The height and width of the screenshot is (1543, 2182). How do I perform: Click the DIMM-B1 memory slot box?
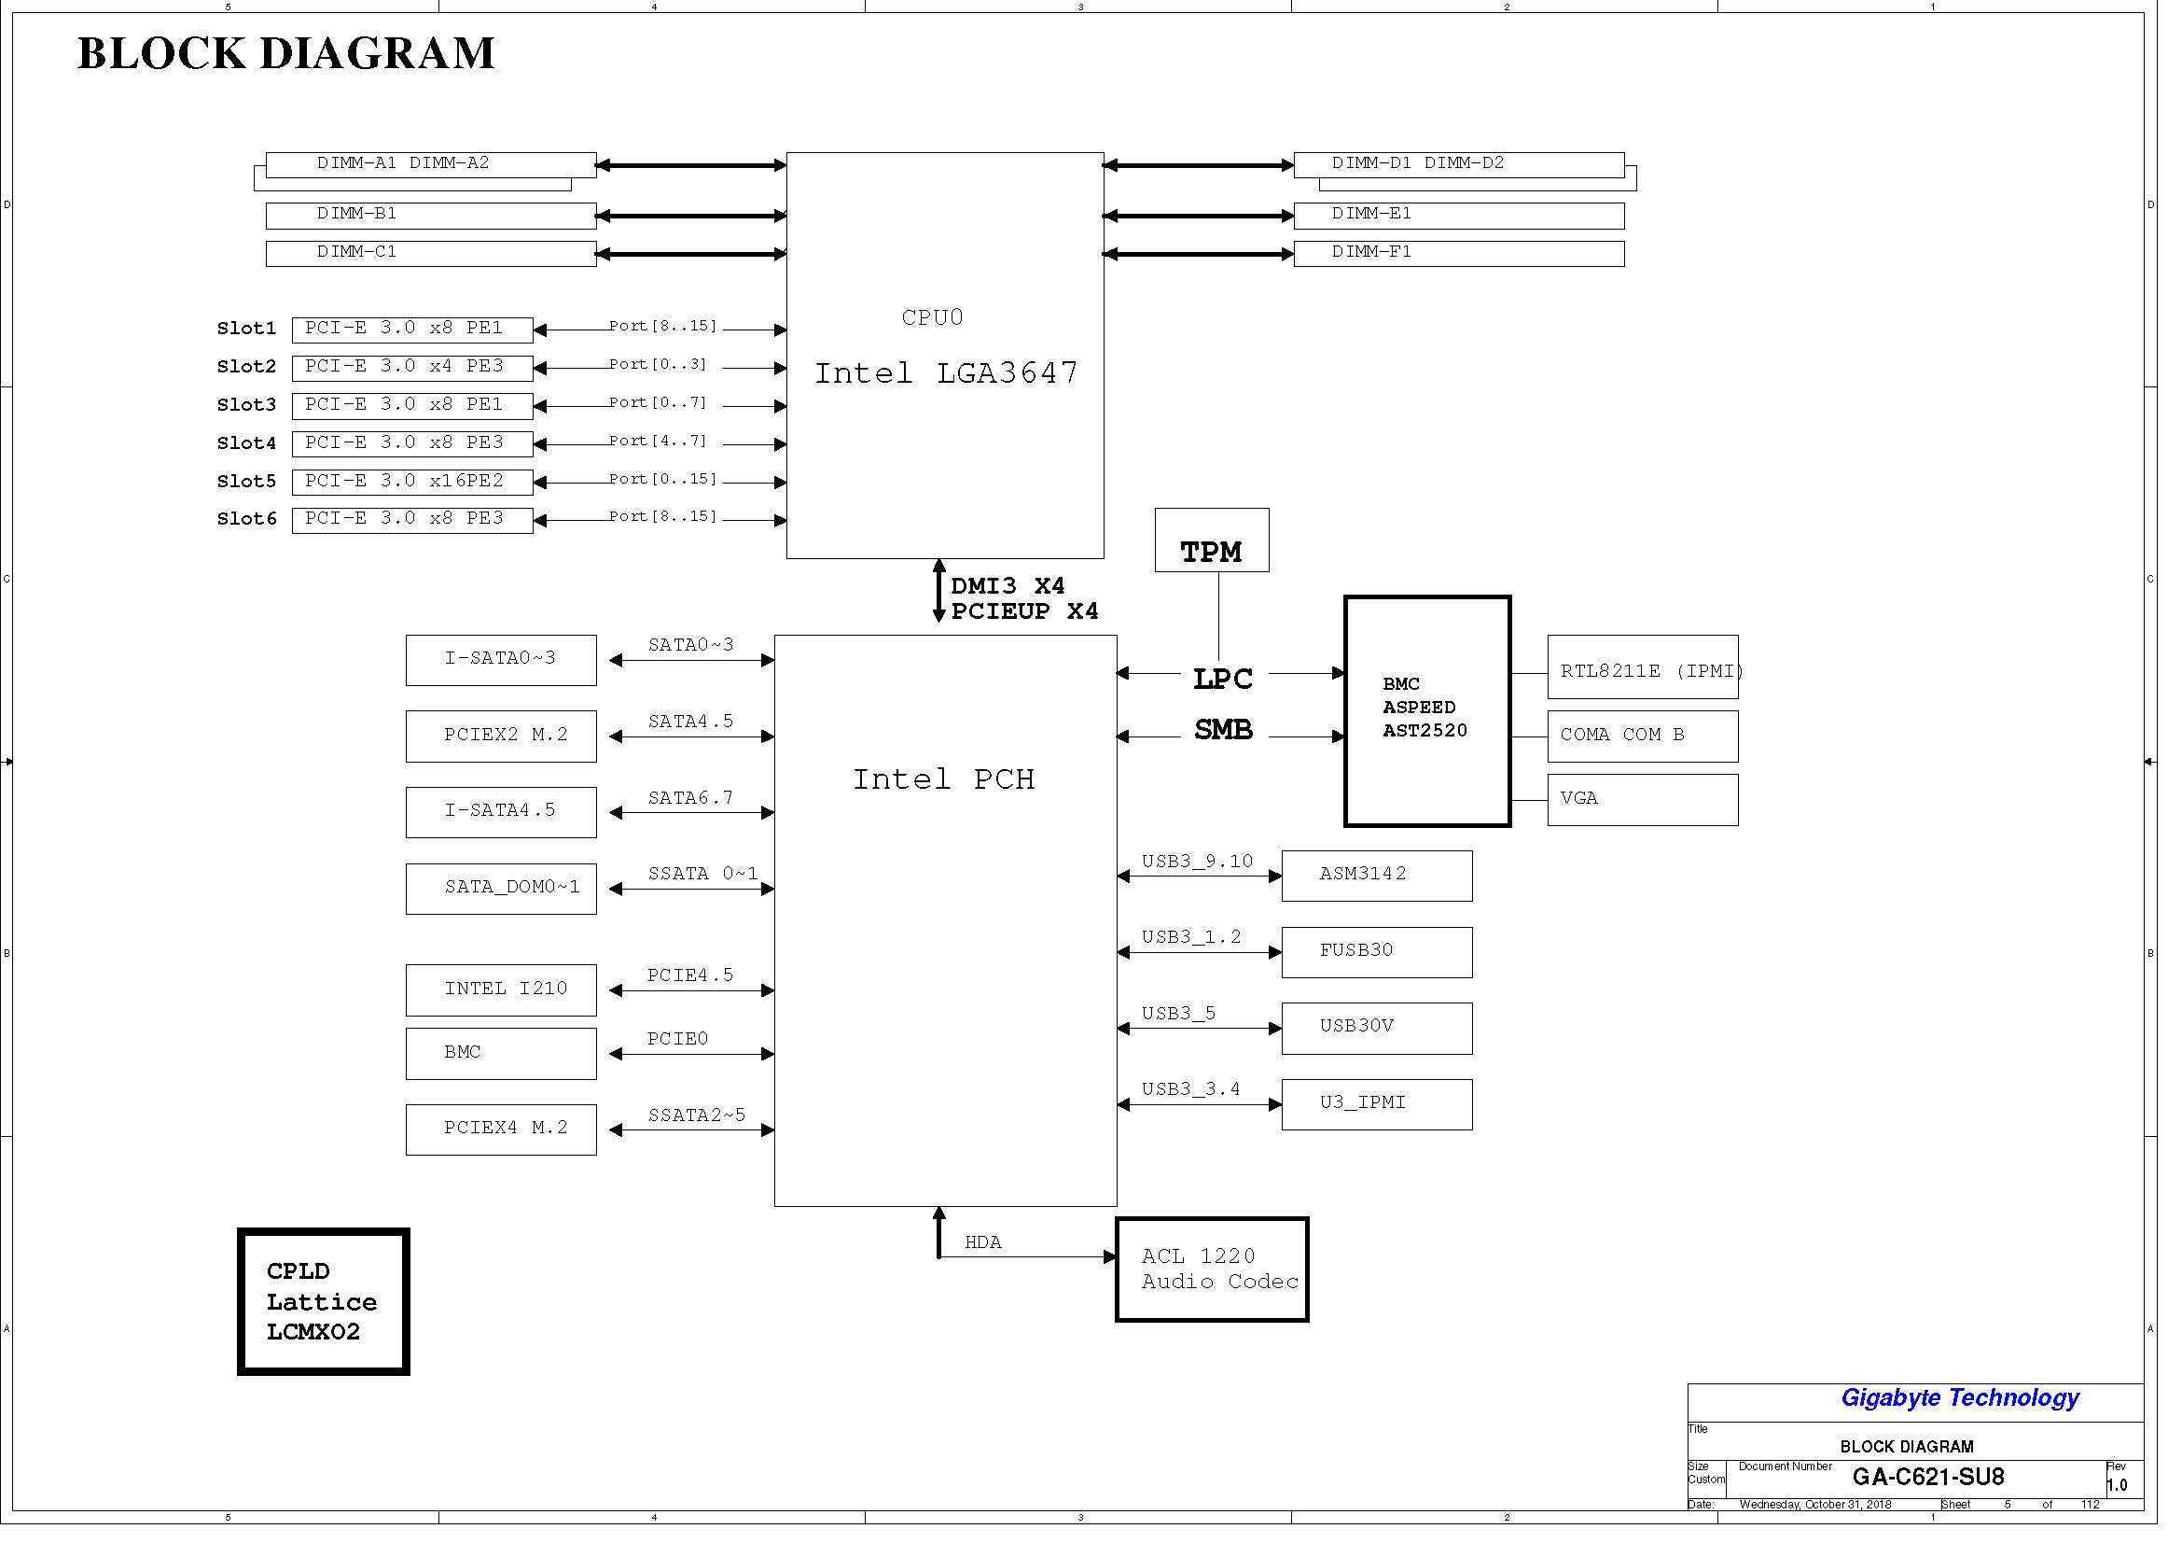click(436, 217)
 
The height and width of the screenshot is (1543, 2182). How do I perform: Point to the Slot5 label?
click(249, 485)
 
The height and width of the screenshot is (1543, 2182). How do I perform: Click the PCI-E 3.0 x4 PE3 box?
click(416, 371)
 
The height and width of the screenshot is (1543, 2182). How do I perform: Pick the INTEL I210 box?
click(506, 999)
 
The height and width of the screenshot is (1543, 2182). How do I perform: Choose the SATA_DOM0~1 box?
click(506, 897)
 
